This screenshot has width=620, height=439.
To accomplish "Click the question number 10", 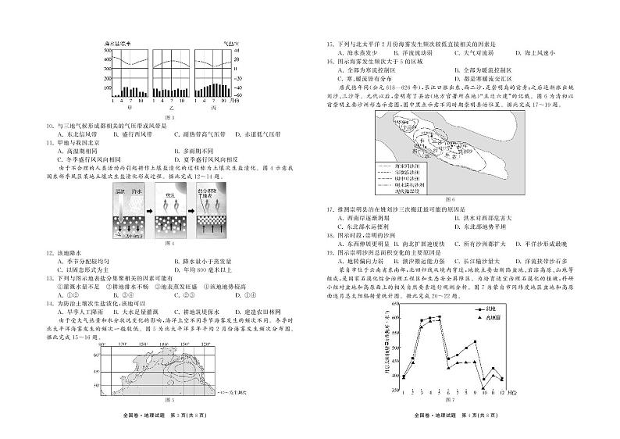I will point(48,125).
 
